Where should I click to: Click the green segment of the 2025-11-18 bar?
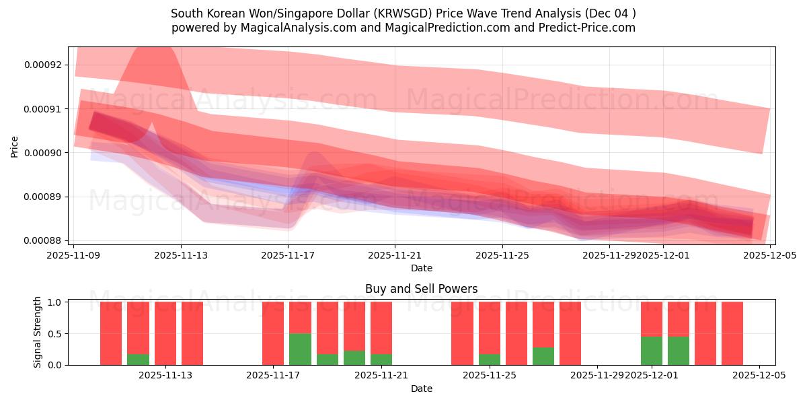pyautogui.click(x=300, y=349)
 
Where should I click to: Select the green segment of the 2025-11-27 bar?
pyautogui.click(x=543, y=356)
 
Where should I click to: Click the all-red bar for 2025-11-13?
pyautogui.click(x=192, y=333)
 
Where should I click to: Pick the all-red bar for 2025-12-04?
pyautogui.click(x=732, y=333)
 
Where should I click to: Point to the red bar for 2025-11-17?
pyautogui.click(x=273, y=333)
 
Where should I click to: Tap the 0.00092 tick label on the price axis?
pyautogui.click(x=42, y=65)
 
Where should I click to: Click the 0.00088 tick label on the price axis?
pyautogui.click(x=42, y=241)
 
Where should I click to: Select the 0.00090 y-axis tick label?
pyautogui.click(x=42, y=153)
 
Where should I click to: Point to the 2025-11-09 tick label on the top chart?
pyautogui.click(x=73, y=255)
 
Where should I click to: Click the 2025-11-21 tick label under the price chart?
pyautogui.click(x=395, y=255)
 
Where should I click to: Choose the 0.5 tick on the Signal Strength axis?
pyautogui.click(x=55, y=334)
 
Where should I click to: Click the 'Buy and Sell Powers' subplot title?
pyautogui.click(x=421, y=289)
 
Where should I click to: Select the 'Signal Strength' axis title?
pyautogui.click(x=38, y=332)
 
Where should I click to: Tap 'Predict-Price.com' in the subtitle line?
pyautogui.click(x=588, y=28)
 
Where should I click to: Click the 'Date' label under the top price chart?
pyautogui.click(x=421, y=268)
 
